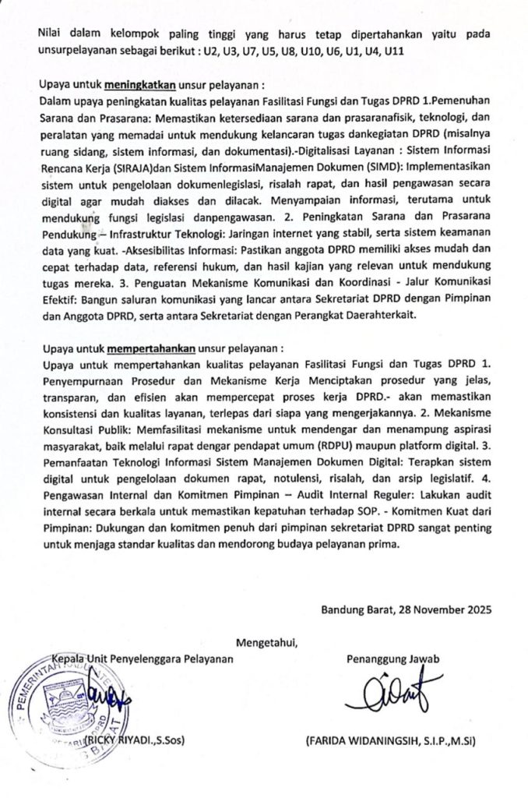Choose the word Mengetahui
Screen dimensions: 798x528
[x=265, y=643]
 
